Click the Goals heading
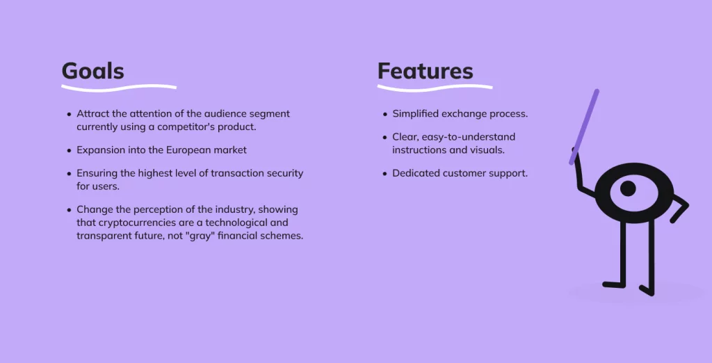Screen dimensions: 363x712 click(92, 71)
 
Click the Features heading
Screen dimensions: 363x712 click(425, 71)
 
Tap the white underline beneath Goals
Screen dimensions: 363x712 click(118, 88)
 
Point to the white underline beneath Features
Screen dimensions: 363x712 click(435, 88)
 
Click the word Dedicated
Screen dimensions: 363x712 click(416, 173)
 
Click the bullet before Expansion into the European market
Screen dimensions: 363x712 click(69, 150)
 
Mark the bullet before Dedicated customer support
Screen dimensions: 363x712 click(385, 173)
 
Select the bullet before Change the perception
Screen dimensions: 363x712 click(69, 210)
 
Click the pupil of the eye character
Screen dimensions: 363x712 click(627, 188)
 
